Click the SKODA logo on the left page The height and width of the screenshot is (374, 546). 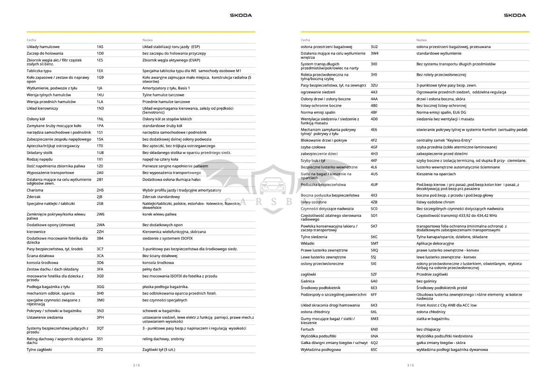pyautogui.click(x=241, y=15)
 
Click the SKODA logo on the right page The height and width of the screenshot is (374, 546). pyautogui.click(x=515, y=15)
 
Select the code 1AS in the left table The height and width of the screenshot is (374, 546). pyautogui.click(x=100, y=47)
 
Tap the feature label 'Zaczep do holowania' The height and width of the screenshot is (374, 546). pyautogui.click(x=45, y=53)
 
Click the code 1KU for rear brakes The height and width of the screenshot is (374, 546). pyautogui.click(x=100, y=95)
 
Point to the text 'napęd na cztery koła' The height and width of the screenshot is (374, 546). pyautogui.click(x=160, y=159)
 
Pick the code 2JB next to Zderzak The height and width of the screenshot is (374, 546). pyautogui.click(x=100, y=197)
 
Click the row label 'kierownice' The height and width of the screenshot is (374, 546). pyautogui.click(x=36, y=232)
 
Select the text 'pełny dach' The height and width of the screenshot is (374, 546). pyautogui.click(x=152, y=269)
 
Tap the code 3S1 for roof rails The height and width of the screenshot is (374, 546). pyautogui.click(x=100, y=339)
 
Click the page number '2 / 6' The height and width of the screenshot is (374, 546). pyautogui.click(x=136, y=365)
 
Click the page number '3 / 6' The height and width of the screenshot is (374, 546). pyautogui.click(x=410, y=365)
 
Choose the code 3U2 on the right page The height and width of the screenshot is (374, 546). pyautogui.click(x=374, y=47)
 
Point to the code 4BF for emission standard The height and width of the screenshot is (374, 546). pyautogui.click(x=374, y=113)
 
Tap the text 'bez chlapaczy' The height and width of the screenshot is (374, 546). pyautogui.click(x=428, y=330)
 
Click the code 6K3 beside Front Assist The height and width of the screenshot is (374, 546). pyautogui.click(x=374, y=305)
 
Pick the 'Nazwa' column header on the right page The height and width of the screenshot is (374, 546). pyautogui.click(x=421, y=40)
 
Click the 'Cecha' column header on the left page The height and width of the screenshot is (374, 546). pyautogui.click(x=31, y=40)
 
